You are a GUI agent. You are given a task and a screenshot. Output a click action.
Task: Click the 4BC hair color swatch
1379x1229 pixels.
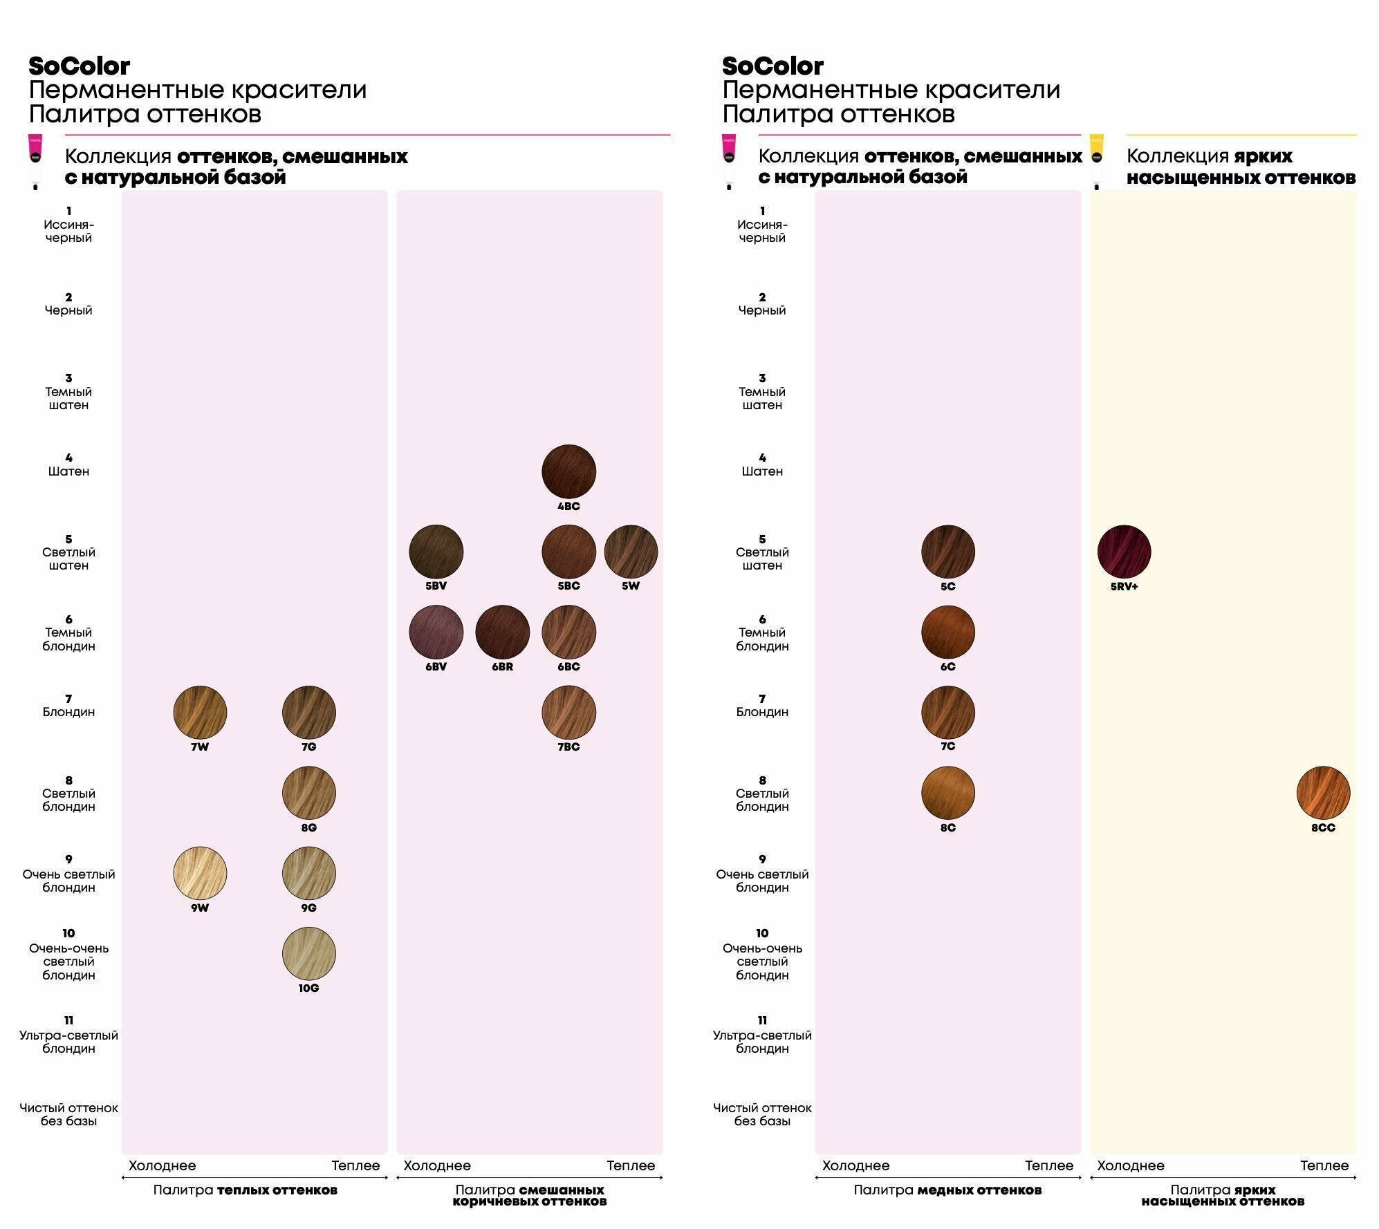tap(568, 471)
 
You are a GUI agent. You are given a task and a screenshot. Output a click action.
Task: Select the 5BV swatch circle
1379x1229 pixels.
tap(436, 552)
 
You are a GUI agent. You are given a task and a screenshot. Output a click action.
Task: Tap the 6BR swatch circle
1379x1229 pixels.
tap(502, 632)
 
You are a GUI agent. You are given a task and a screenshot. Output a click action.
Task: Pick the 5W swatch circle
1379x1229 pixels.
tap(631, 552)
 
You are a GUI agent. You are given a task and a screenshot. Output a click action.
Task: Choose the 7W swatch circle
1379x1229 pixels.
tap(200, 713)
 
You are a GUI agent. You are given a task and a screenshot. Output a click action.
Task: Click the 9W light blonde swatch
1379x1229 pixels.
tap(200, 874)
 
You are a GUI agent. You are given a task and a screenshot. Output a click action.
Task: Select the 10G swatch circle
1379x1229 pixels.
tap(308, 954)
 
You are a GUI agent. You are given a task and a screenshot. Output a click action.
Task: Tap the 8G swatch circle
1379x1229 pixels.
tap(308, 793)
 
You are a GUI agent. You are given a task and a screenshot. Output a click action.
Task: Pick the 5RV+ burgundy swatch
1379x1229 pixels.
tap(1124, 552)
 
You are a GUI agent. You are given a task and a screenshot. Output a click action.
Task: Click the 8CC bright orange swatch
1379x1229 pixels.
tap(1323, 793)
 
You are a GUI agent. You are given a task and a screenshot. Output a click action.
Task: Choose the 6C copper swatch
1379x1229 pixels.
tap(947, 632)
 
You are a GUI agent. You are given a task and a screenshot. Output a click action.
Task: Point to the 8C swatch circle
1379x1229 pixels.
tap(947, 793)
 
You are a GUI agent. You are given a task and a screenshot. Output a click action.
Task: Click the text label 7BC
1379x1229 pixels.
tap(568, 747)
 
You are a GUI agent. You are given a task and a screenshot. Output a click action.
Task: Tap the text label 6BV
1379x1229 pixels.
tap(436, 667)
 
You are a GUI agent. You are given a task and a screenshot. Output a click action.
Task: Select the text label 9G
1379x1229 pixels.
tap(308, 908)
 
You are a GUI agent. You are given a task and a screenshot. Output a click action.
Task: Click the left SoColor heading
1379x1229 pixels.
tap(79, 66)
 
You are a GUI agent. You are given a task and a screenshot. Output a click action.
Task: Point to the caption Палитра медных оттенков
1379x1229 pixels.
tap(947, 1190)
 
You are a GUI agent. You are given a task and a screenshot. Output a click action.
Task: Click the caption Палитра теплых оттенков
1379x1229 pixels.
tap(246, 1190)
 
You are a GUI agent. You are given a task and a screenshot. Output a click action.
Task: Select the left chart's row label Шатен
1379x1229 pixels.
tap(68, 471)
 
